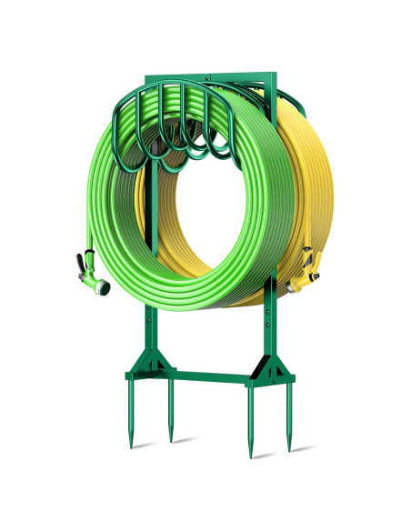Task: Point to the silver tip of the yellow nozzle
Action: [x=295, y=288]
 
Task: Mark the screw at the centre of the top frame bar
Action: [x=209, y=75]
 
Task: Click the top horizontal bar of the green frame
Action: [x=209, y=71]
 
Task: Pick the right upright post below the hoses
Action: [x=270, y=327]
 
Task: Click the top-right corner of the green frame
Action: [x=273, y=71]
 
